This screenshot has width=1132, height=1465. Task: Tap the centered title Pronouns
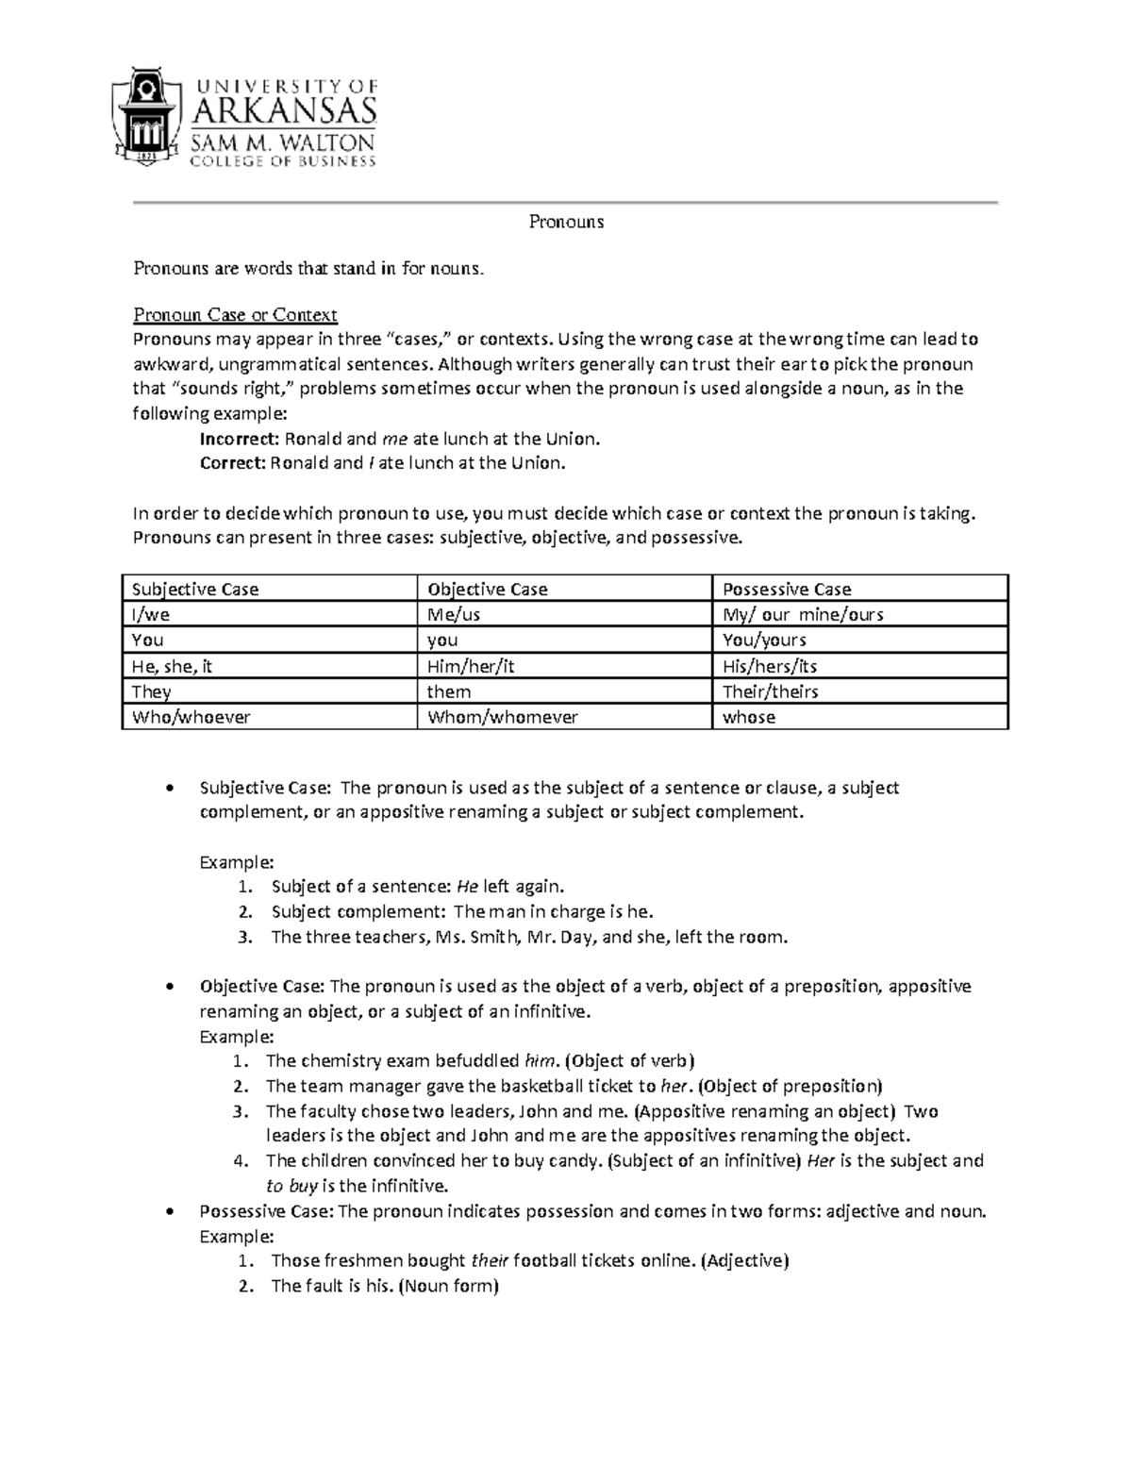pyautogui.click(x=566, y=223)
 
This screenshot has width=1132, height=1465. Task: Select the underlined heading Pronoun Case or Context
pyautogui.click(x=235, y=315)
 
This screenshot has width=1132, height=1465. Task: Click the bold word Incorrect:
pyautogui.click(x=240, y=439)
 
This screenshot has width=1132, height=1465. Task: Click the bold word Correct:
pyautogui.click(x=233, y=463)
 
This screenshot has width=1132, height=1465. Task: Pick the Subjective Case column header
pyautogui.click(x=194, y=590)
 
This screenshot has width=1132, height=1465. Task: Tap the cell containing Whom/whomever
pyautogui.click(x=502, y=717)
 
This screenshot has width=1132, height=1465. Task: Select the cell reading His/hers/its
pyautogui.click(x=769, y=666)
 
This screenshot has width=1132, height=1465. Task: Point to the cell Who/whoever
pyautogui.click(x=191, y=717)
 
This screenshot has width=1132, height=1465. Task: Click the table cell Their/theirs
pyautogui.click(x=770, y=691)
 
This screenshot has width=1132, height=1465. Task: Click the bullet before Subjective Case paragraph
pyautogui.click(x=169, y=788)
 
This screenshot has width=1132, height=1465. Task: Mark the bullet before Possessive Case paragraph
pyautogui.click(x=169, y=1211)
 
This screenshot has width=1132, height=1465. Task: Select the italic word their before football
pyautogui.click(x=490, y=1260)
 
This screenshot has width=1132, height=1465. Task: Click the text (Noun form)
pyautogui.click(x=448, y=1286)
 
